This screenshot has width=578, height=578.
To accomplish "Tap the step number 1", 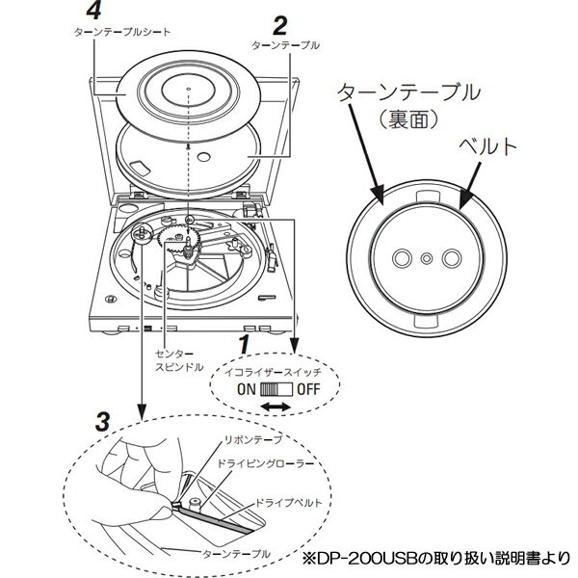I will [246, 343].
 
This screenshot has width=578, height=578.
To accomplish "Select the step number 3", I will [103, 420].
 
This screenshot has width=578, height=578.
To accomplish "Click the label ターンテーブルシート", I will [122, 31].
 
